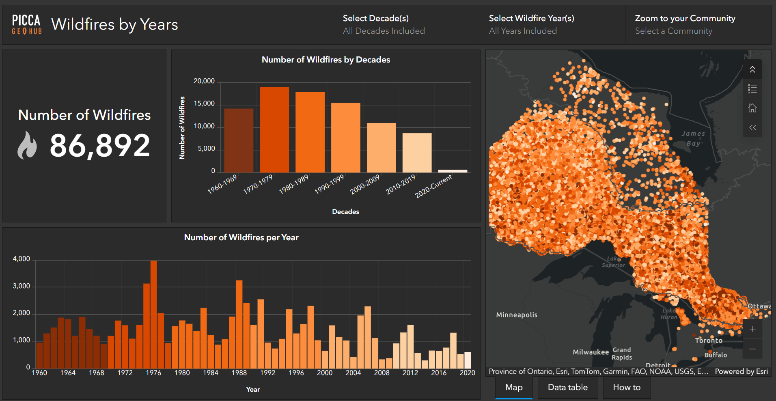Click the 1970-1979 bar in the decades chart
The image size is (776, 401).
point(274,129)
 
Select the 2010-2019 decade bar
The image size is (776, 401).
point(417,153)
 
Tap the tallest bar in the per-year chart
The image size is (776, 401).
point(153,314)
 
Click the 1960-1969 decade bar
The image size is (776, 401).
point(239,140)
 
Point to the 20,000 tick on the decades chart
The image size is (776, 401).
point(204,81)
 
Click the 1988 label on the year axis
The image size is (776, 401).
point(239,373)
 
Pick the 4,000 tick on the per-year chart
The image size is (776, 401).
point(22,259)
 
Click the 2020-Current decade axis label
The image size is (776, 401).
point(433,186)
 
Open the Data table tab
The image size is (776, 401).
point(567,387)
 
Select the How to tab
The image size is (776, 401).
point(626,387)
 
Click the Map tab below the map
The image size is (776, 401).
point(514,387)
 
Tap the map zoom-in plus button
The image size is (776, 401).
point(752,329)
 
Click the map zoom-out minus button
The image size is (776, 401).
point(752,349)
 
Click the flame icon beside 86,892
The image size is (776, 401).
point(27,145)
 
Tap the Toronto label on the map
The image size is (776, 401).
point(709,341)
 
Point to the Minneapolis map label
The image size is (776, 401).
point(517,315)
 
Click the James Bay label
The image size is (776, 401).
point(693,138)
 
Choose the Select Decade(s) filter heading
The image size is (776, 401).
point(375,18)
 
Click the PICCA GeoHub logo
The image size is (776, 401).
point(27,24)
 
